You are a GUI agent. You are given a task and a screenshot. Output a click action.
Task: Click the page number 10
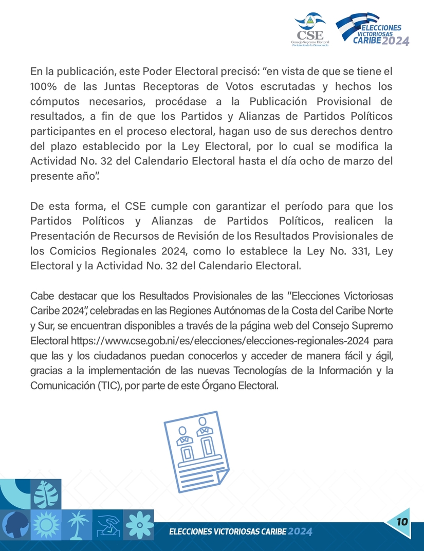[x=402, y=522]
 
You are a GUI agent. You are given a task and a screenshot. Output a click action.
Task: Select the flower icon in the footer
[x=140, y=524]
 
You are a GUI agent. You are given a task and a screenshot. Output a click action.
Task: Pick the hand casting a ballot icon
[x=109, y=524]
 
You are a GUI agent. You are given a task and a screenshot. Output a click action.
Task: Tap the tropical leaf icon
[x=46, y=494]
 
